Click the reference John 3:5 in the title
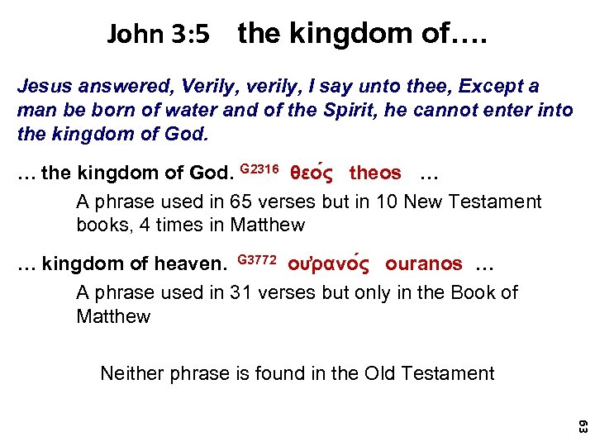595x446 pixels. (159, 35)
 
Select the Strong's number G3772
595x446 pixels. (256, 260)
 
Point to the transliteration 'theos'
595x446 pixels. (375, 173)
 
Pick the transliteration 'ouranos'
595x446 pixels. (424, 264)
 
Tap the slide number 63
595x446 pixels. (582, 427)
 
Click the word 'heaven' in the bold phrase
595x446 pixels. (192, 264)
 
